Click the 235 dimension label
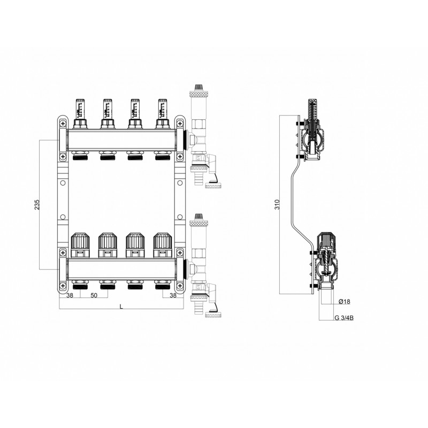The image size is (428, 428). click(x=37, y=205)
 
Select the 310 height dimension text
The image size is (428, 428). click(x=277, y=204)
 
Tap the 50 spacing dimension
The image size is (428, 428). click(x=94, y=295)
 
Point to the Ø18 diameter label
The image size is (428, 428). click(x=344, y=302)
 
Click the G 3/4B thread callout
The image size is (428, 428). click(x=344, y=318)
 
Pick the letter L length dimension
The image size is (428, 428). click(x=122, y=307)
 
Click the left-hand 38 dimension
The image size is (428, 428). click(x=70, y=295)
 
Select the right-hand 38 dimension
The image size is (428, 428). click(x=173, y=295)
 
